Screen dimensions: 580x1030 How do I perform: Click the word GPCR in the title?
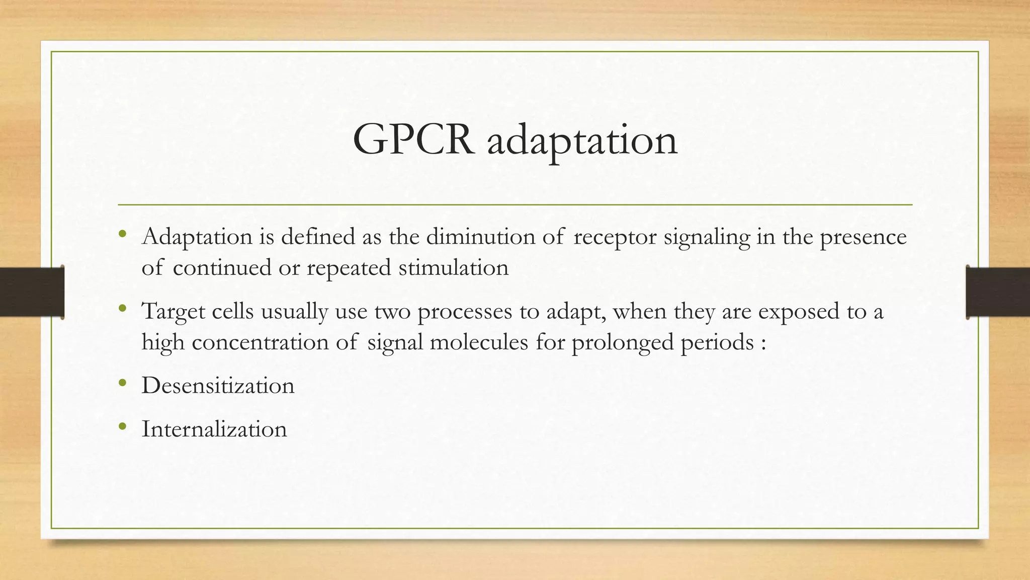413,140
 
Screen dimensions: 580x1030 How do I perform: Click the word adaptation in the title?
582,141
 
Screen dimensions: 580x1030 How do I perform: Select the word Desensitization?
218,386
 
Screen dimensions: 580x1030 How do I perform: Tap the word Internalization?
214,429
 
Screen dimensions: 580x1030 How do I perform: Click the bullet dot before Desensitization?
122,384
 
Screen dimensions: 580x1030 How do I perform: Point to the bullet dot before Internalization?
122,427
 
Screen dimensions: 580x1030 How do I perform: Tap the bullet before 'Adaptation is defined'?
122,234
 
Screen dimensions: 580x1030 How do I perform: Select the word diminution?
480,237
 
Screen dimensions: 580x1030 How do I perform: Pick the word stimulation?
454,267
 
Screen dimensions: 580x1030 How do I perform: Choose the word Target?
173,312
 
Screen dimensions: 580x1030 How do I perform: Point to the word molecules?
479,342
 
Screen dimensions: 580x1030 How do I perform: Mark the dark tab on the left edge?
32,292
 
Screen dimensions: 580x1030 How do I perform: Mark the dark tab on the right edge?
998,292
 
